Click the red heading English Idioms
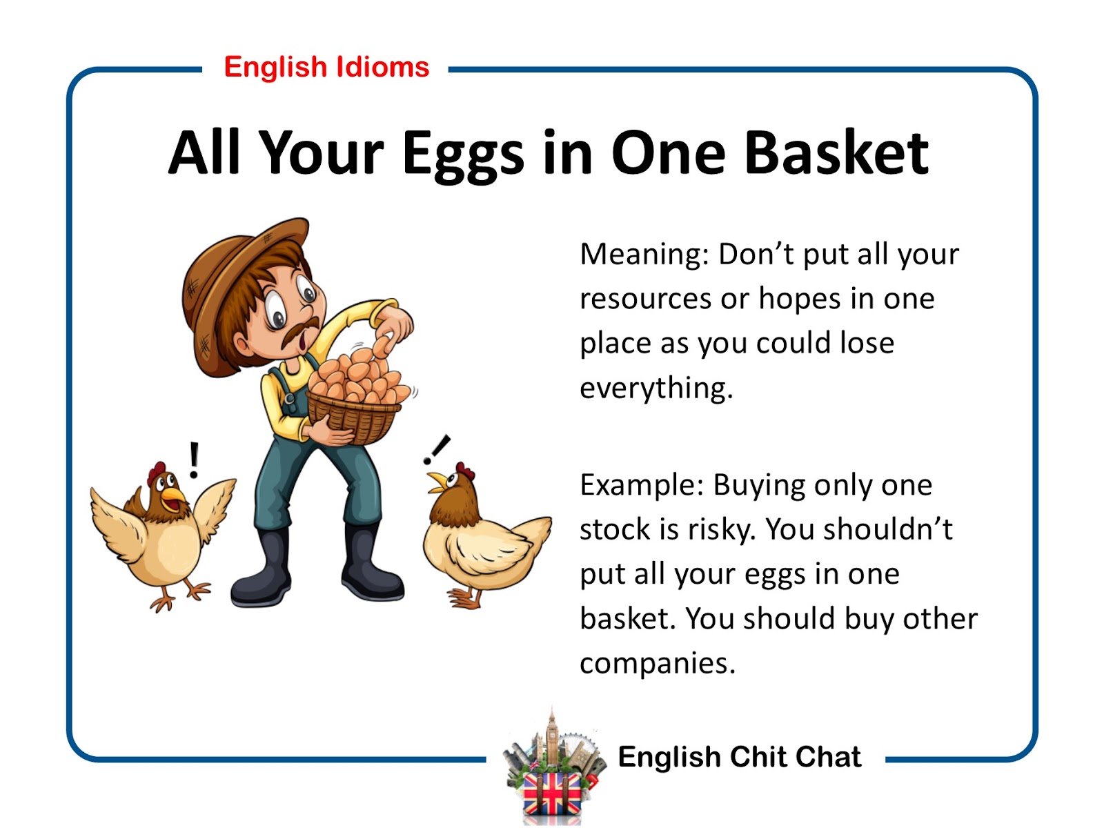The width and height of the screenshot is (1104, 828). pyautogui.click(x=326, y=68)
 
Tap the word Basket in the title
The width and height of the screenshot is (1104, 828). pyautogui.click(x=836, y=152)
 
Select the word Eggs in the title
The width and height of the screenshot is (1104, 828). pyautogui.click(x=463, y=155)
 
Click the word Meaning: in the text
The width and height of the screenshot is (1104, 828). pyautogui.click(x=644, y=254)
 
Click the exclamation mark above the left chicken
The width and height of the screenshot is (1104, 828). pyautogui.click(x=194, y=460)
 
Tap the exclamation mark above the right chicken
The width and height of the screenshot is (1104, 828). pyautogui.click(x=437, y=449)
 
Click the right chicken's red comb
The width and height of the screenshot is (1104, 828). pyautogui.click(x=465, y=471)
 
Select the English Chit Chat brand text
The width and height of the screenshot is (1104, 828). pyautogui.click(x=740, y=757)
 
